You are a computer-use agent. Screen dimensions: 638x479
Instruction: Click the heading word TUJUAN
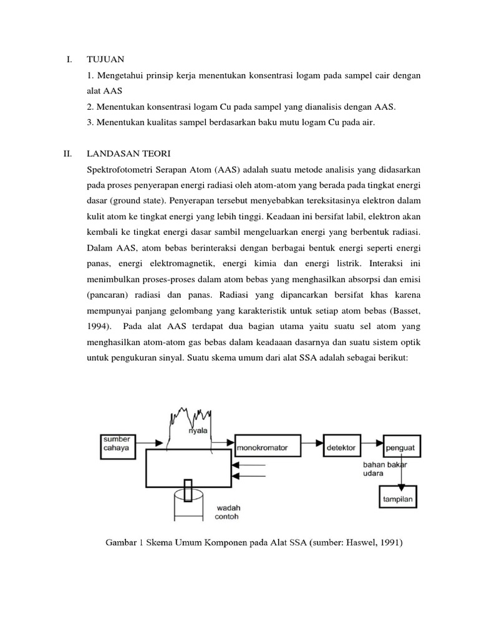pyautogui.click(x=106, y=59)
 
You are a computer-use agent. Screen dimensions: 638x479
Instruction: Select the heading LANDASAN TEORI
pyautogui.click(x=129, y=153)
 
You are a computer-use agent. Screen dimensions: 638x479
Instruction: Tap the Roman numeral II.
pyautogui.click(x=68, y=153)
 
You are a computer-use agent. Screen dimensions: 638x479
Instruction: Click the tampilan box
pyautogui.click(x=399, y=499)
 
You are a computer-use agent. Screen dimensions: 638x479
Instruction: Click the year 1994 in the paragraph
pyautogui.click(x=100, y=326)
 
